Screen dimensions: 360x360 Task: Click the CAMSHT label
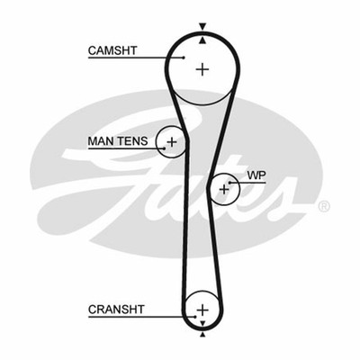click(112, 50)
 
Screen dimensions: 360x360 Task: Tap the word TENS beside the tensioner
click(132, 140)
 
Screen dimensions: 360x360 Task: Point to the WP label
click(256, 175)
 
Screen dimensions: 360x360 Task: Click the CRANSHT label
click(116, 310)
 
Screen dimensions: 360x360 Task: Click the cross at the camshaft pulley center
click(202, 69)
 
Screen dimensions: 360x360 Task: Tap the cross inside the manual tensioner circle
click(172, 141)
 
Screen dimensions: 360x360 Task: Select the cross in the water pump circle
click(224, 189)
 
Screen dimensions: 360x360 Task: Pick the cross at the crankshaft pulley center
click(202, 310)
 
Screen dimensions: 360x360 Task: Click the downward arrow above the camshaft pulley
click(203, 27)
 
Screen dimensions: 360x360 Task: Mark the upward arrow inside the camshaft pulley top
click(203, 40)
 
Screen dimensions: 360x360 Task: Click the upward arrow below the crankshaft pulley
click(202, 335)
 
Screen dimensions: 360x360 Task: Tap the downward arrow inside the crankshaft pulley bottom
click(202, 324)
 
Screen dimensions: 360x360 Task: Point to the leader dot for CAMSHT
click(184, 58)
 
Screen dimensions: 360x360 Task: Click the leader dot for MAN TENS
click(164, 148)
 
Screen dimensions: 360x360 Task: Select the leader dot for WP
click(230, 182)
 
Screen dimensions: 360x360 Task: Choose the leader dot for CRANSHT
click(195, 317)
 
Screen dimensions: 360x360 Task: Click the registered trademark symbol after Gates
click(323, 206)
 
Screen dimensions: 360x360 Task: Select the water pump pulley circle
click(239, 189)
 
